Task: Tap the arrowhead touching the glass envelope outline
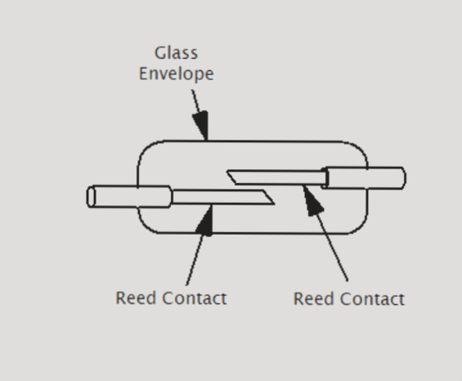coord(202,128)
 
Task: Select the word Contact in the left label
coord(195,298)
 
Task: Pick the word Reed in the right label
coord(312,298)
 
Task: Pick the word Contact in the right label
coord(373,298)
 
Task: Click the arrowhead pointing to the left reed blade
coord(209,219)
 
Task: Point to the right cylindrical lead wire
coord(364,177)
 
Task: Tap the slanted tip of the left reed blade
coord(267,197)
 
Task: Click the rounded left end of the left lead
coord(90,197)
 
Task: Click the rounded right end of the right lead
coord(401,177)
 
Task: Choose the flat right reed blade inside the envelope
coord(278,176)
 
